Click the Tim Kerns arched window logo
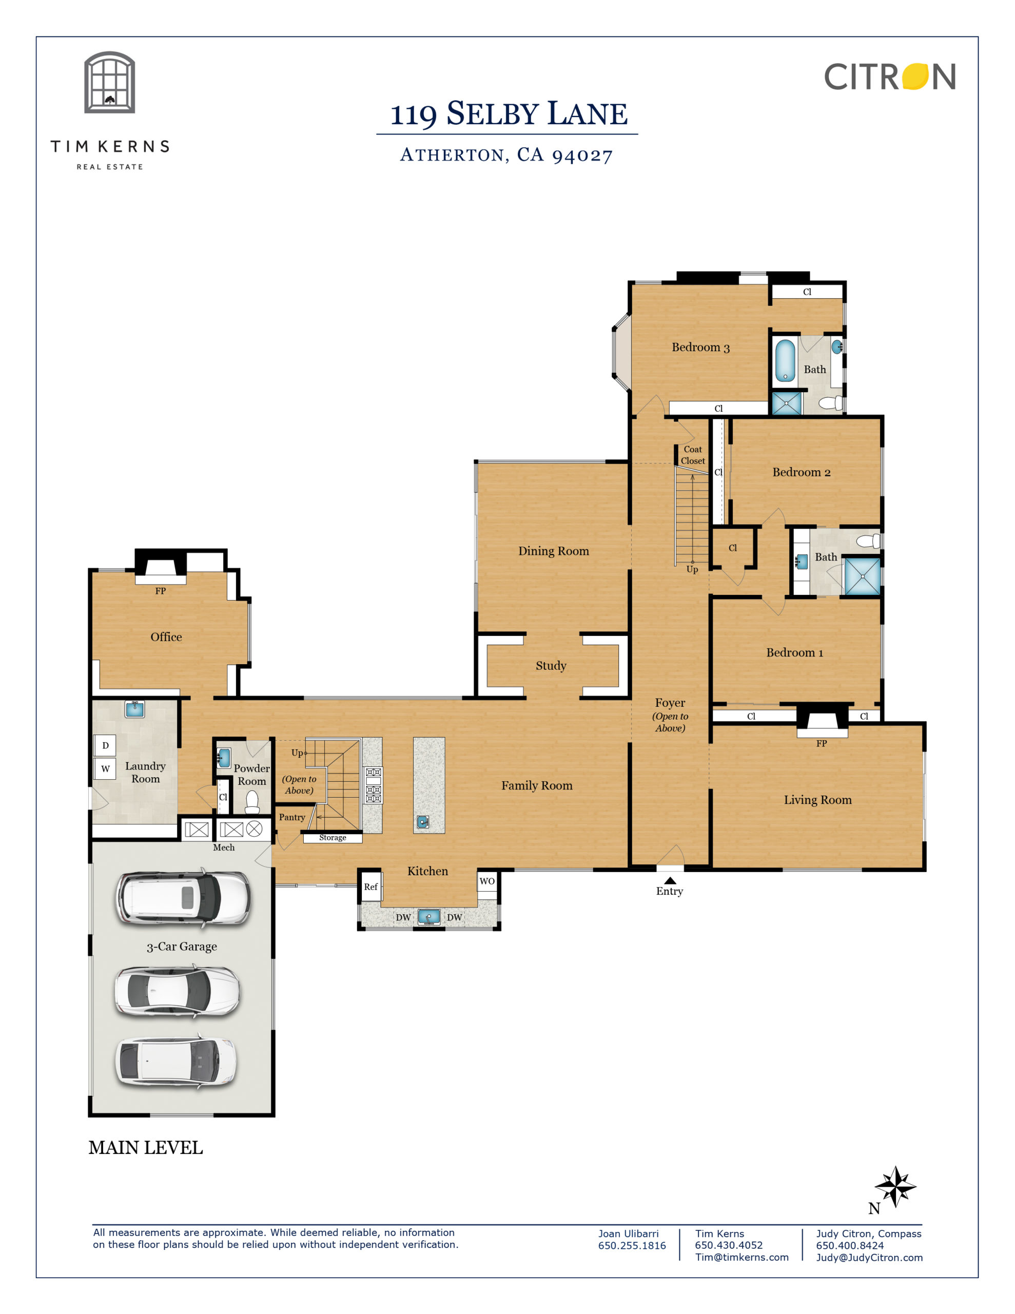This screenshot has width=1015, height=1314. pyautogui.click(x=109, y=83)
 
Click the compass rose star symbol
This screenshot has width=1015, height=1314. pyautogui.click(x=896, y=1187)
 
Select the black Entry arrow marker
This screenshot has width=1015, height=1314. pyautogui.click(x=670, y=880)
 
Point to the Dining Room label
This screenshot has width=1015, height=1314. pyautogui.click(x=554, y=551)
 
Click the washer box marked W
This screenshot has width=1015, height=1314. pyautogui.click(x=105, y=768)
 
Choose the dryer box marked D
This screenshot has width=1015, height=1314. pyautogui.click(x=105, y=745)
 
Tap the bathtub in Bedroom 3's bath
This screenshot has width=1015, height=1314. pyautogui.click(x=785, y=361)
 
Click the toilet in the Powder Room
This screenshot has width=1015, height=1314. pyautogui.click(x=252, y=801)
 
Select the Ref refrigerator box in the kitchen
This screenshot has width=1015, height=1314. pyautogui.click(x=370, y=887)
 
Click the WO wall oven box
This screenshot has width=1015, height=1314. pyautogui.click(x=487, y=881)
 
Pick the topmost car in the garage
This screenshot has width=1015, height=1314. pyautogui.click(x=183, y=898)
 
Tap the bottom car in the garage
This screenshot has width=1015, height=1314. pyautogui.click(x=175, y=1062)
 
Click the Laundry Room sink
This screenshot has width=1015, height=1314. pyautogui.click(x=135, y=709)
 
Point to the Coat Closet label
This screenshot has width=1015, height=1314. pyautogui.click(x=693, y=455)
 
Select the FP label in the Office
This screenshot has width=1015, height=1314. pyautogui.click(x=160, y=591)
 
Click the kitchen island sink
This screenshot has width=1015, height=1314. pyautogui.click(x=423, y=822)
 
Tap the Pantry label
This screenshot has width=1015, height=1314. pyautogui.click(x=292, y=817)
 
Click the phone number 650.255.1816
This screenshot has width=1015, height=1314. pyautogui.click(x=632, y=1245)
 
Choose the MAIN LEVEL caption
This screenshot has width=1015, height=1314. pyautogui.click(x=146, y=1148)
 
